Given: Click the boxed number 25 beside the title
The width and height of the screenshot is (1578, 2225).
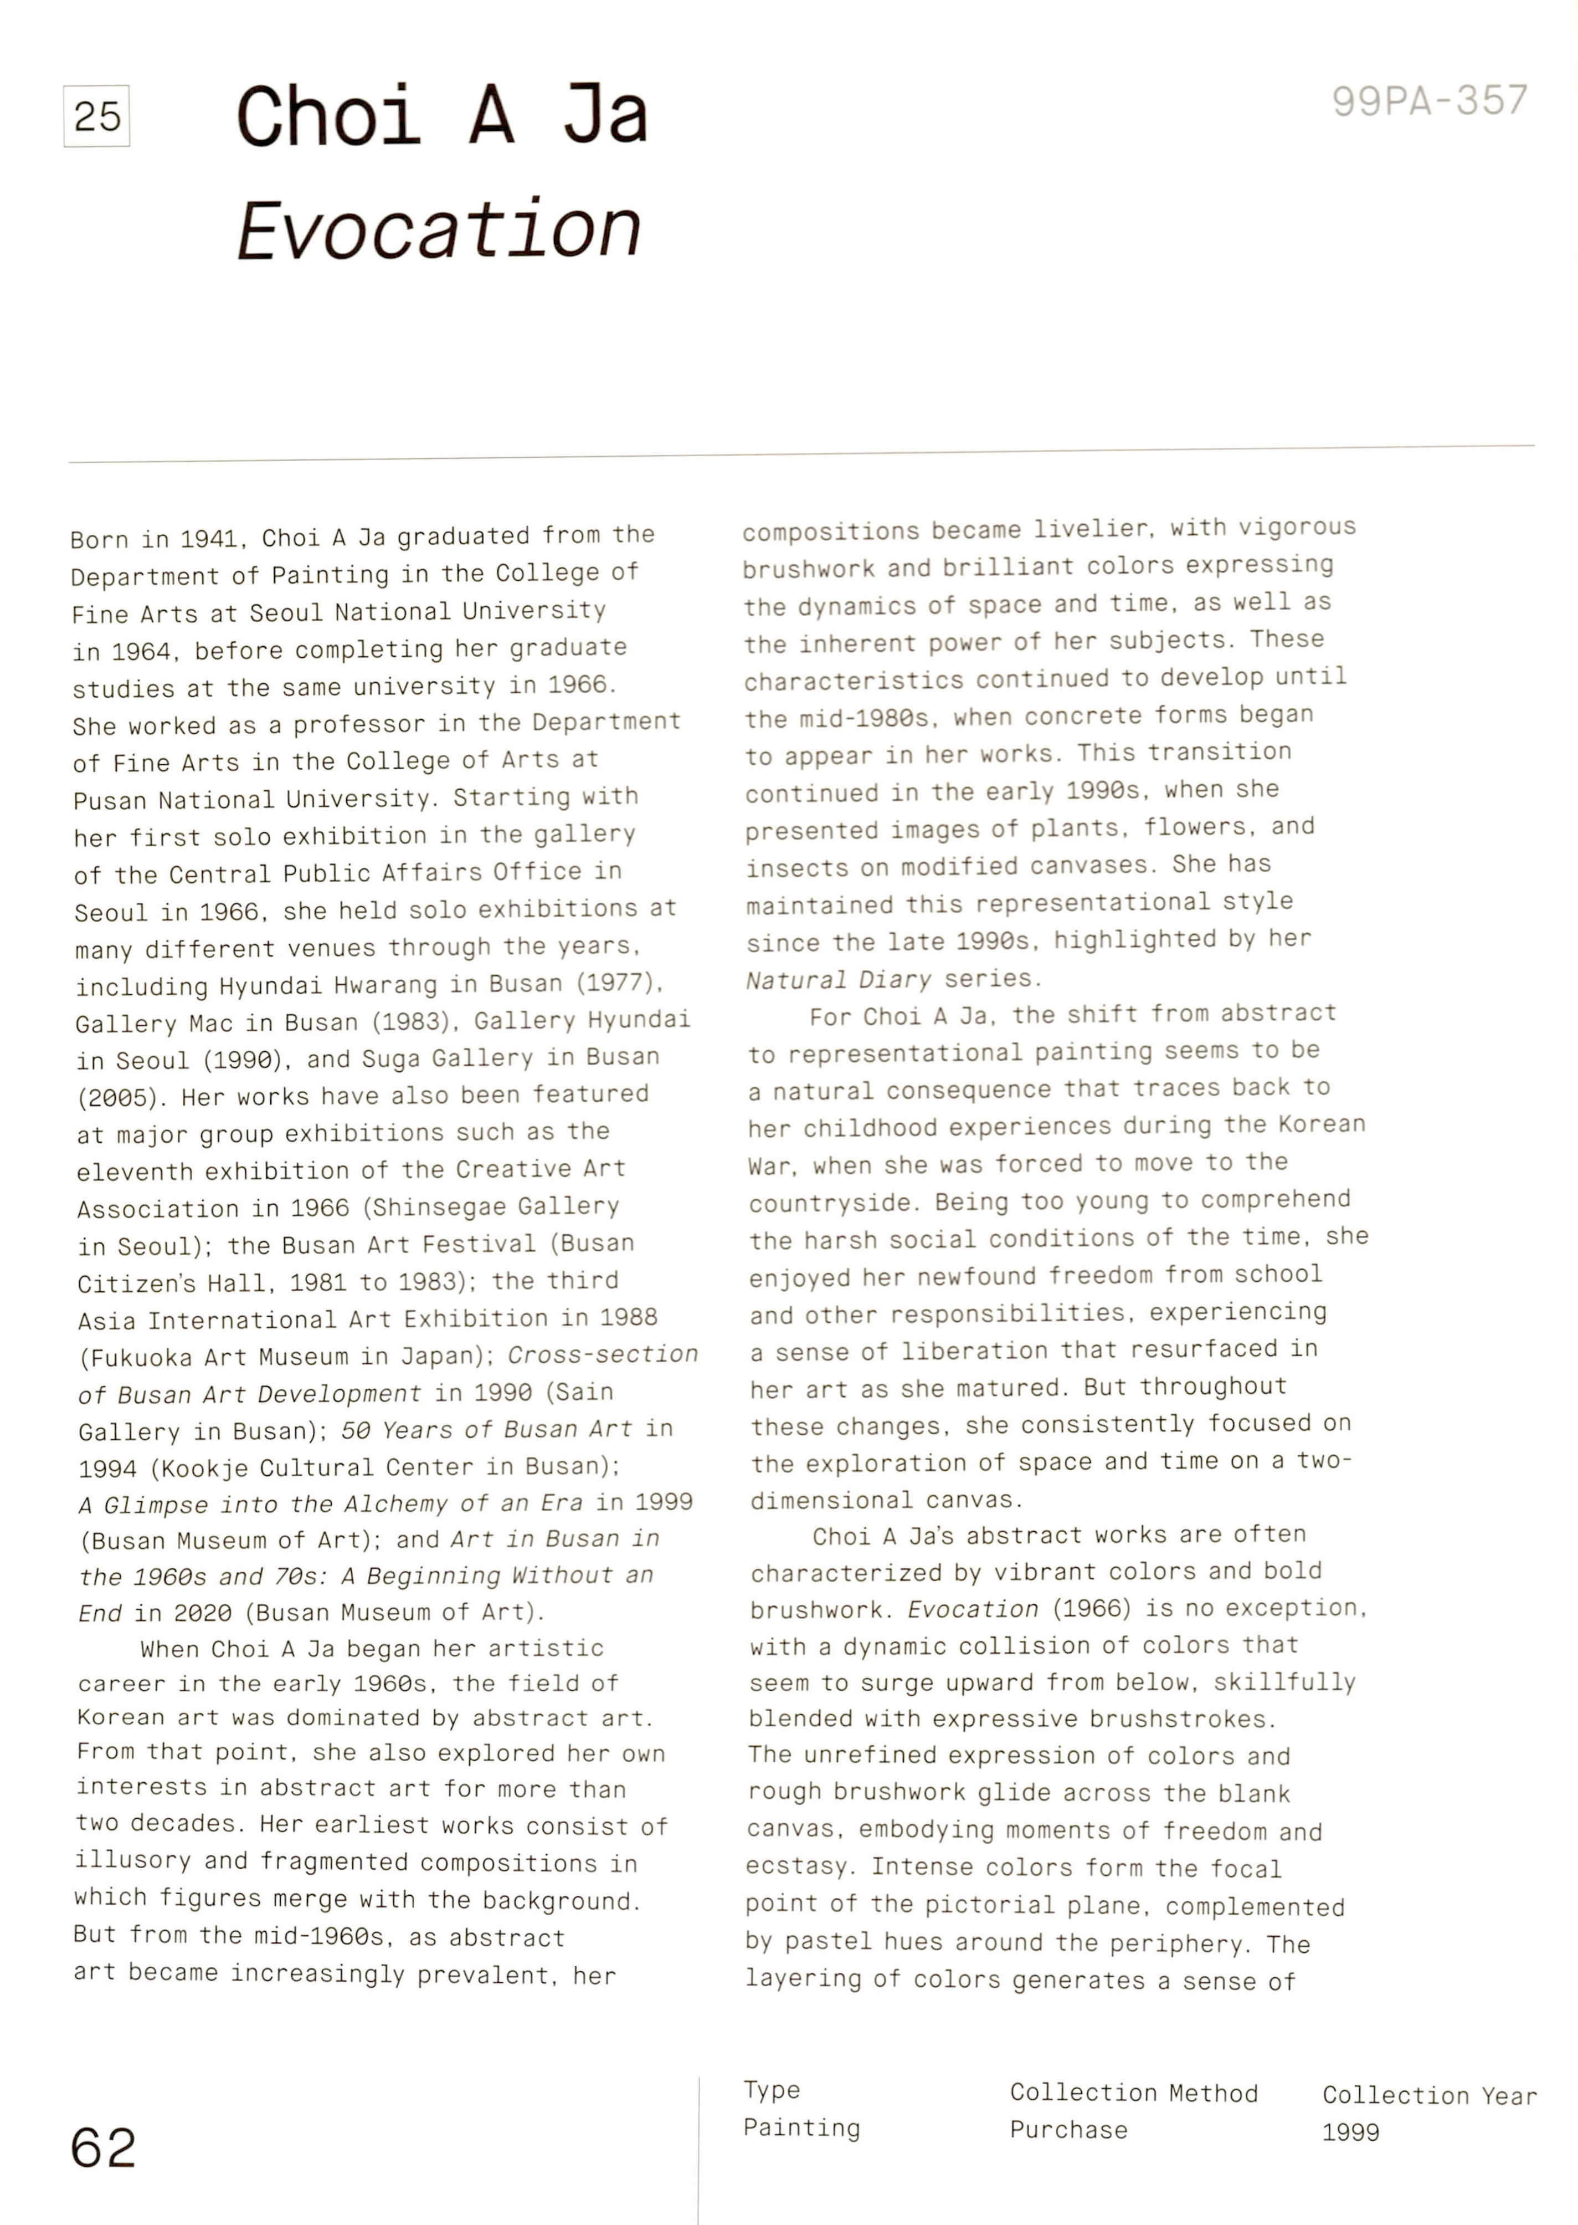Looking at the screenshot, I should pyautogui.click(x=96, y=116).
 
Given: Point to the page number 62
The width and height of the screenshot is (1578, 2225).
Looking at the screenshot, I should pyautogui.click(x=103, y=2147).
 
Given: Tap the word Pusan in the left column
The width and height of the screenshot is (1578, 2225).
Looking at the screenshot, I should pyautogui.click(x=108, y=801).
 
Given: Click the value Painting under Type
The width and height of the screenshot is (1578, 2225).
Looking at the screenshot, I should pyautogui.click(x=801, y=2128).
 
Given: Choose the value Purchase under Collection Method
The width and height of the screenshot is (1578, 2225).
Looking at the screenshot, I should pyautogui.click(x=1068, y=2130).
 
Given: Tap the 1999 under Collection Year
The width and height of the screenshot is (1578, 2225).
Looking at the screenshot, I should pyautogui.click(x=1350, y=2132).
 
